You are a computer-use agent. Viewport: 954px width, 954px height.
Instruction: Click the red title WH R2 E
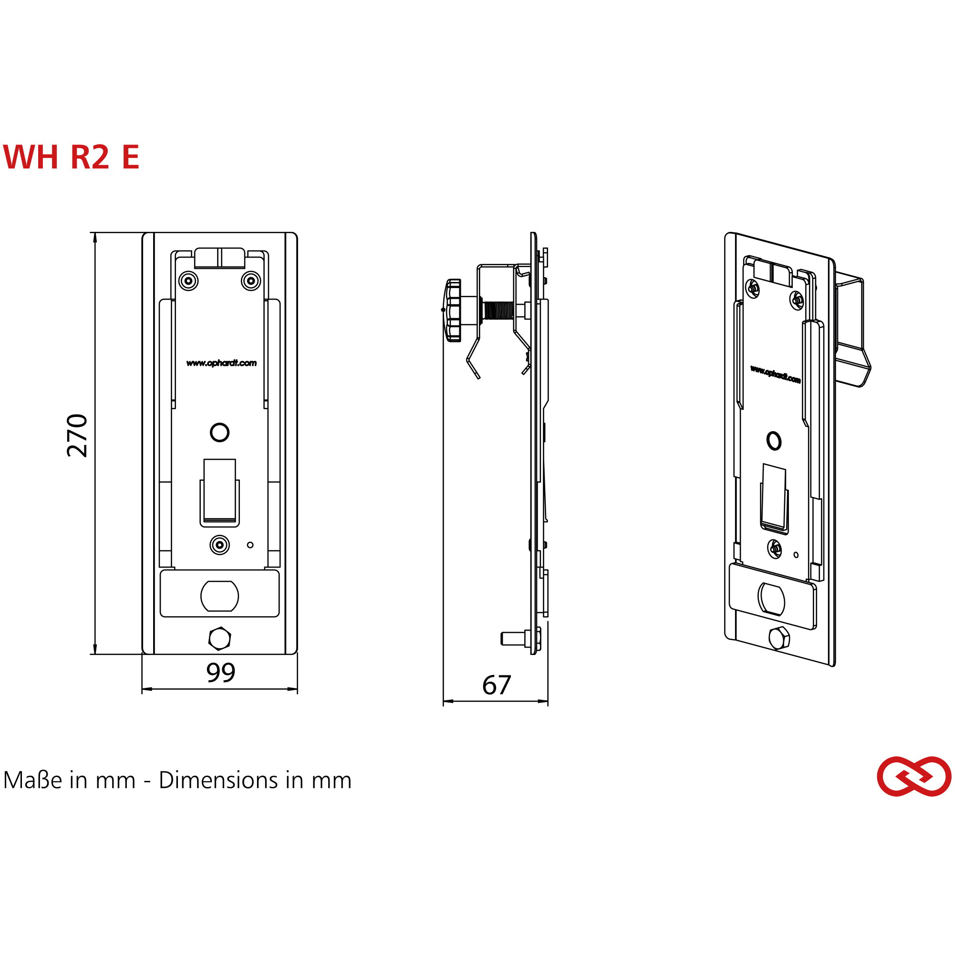click(x=71, y=157)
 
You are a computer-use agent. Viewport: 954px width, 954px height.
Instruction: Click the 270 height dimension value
click(x=78, y=436)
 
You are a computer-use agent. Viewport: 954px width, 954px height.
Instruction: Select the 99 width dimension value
click(x=221, y=673)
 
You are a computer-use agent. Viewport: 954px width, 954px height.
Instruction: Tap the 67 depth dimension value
click(x=496, y=685)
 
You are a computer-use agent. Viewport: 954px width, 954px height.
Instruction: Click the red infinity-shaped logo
click(x=914, y=777)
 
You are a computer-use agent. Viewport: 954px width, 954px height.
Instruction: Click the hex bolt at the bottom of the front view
click(x=220, y=639)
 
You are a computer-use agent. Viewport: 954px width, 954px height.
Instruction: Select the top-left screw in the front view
click(x=188, y=281)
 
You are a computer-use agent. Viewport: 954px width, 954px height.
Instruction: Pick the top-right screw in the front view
click(x=251, y=281)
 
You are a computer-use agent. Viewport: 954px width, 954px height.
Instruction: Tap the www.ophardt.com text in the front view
click(x=221, y=363)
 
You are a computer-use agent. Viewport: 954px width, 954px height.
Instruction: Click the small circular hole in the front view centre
click(x=220, y=433)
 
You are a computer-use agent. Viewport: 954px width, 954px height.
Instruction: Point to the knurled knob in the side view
click(x=453, y=310)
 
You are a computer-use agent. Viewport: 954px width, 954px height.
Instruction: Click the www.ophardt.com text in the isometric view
click(x=775, y=374)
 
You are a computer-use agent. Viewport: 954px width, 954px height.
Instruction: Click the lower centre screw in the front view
click(x=220, y=545)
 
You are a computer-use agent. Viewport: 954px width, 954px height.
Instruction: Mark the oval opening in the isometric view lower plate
click(x=771, y=599)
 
